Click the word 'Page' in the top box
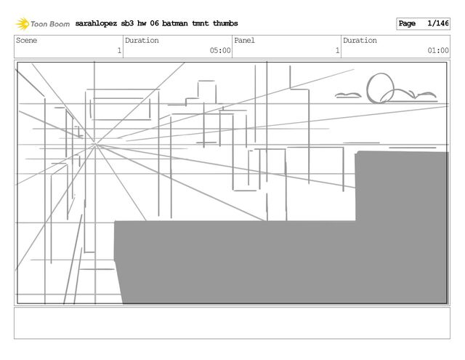(x=407, y=24)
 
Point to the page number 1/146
(x=438, y=24)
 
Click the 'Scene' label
(x=26, y=41)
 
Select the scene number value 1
(x=118, y=51)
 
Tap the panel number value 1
(x=336, y=51)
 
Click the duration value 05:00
(x=220, y=51)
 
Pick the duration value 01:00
(x=438, y=51)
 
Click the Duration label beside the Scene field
(x=142, y=41)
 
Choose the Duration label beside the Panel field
(x=360, y=41)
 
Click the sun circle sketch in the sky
(x=381, y=87)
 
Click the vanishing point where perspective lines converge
(x=95, y=145)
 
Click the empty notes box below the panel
(x=232, y=323)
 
